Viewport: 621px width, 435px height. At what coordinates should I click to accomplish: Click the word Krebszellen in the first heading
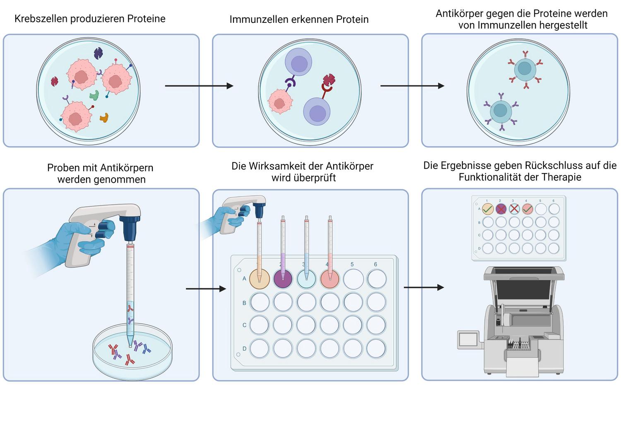(41, 19)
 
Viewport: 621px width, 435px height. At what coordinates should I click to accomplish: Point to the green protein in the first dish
(94, 95)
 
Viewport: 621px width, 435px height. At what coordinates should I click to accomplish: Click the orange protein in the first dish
(104, 118)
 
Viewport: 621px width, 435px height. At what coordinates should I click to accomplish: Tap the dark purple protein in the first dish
(98, 53)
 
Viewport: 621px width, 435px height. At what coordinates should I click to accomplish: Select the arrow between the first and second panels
(199, 86)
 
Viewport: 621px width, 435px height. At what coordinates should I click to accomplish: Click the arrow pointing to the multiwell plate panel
(206, 289)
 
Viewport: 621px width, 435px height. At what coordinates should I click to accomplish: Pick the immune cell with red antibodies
(525, 69)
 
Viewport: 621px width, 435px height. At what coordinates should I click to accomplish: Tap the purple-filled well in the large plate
(283, 279)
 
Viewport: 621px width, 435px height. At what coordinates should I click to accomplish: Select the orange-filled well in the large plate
(260, 279)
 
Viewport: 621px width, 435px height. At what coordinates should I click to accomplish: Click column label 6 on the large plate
(375, 264)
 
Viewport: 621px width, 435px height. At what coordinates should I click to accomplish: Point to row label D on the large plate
(244, 348)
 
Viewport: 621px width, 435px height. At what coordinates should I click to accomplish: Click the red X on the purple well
(501, 209)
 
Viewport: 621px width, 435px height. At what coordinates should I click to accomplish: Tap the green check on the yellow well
(488, 209)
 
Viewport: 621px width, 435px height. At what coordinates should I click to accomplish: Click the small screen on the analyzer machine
(468, 339)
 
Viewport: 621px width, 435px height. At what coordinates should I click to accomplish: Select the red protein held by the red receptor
(329, 80)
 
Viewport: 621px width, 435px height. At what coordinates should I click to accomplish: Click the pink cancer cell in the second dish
(280, 101)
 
